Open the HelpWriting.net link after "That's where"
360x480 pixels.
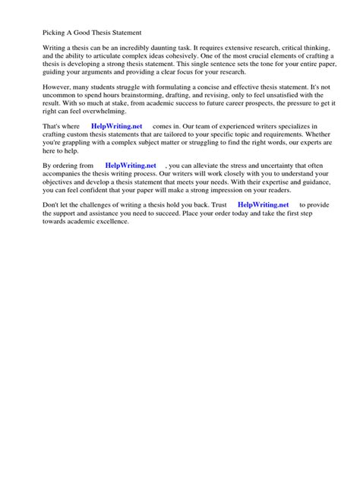(x=116, y=125)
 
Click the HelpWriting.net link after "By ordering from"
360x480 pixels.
(x=131, y=165)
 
